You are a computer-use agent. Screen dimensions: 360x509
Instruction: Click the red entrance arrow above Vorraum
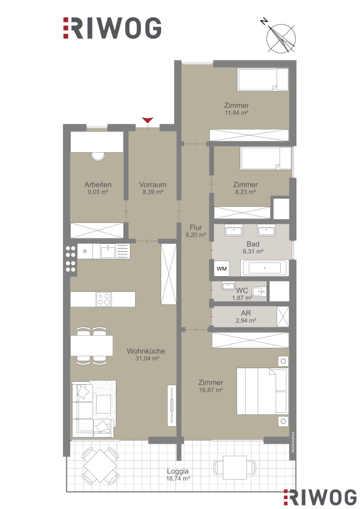pos(147,120)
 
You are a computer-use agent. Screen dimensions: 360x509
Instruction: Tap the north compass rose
pos(280,38)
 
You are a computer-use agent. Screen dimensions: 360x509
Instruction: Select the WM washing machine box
pos(222,269)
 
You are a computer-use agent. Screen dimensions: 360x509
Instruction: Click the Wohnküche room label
pos(146,351)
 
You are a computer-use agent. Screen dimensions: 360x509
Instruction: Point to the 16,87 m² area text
pos(211,390)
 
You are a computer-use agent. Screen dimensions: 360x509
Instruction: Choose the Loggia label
pos(178,471)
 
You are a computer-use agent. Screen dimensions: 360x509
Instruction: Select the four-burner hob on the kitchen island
pos(104,299)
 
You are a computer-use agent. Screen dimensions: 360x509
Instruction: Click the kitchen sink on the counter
pos(108,251)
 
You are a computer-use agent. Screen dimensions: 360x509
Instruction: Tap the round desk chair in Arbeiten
pos(98,156)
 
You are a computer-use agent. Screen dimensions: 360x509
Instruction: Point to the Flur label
pos(196,228)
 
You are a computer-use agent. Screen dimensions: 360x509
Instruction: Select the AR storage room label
pos(246,313)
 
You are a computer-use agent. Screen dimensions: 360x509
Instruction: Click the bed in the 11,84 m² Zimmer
pos(263,79)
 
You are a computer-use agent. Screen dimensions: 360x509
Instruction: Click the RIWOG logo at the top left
pos(112,28)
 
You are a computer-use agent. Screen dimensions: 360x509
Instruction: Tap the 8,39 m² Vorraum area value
pos(153,192)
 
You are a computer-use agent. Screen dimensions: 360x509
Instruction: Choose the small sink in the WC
pos(228,286)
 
